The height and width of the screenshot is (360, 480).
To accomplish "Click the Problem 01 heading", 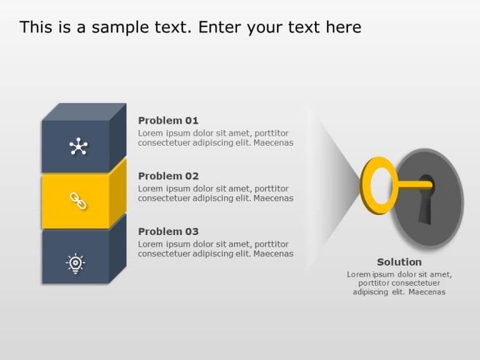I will tap(168, 121).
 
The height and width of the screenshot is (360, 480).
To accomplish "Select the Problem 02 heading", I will tap(168, 176).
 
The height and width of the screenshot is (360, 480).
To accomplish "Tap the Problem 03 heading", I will tap(168, 231).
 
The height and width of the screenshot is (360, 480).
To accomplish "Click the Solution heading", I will tap(399, 262).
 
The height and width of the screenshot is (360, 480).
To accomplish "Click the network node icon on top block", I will tap(77, 147).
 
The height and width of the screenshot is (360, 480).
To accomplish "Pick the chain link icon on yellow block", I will tap(77, 201).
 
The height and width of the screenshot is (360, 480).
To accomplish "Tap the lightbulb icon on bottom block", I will tap(76, 263).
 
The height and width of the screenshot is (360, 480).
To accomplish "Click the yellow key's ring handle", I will tap(379, 186).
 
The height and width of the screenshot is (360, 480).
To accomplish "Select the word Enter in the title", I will tap(222, 27).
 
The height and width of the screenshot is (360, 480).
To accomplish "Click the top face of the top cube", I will tap(84, 112).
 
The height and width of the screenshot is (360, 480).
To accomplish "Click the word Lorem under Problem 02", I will tap(150, 189).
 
